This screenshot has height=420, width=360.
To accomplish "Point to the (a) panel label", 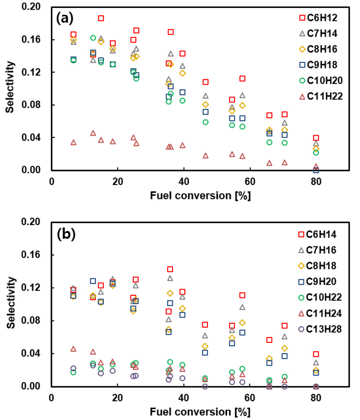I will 65,19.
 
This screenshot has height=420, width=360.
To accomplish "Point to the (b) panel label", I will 66,234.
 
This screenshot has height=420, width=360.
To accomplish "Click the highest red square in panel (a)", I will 101,18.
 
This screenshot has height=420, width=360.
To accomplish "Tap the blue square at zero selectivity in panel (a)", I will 316,170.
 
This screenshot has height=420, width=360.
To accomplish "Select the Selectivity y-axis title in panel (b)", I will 9,304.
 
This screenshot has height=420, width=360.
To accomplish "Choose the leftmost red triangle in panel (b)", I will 73,349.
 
